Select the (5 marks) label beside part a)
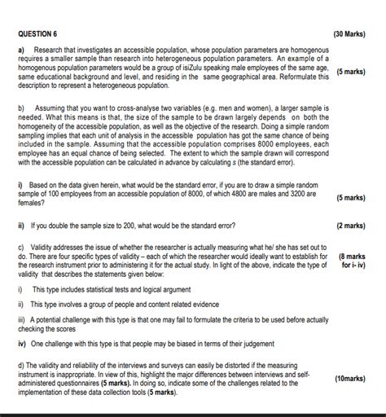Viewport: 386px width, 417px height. (349, 72)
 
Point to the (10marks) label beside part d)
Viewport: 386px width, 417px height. (351, 379)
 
